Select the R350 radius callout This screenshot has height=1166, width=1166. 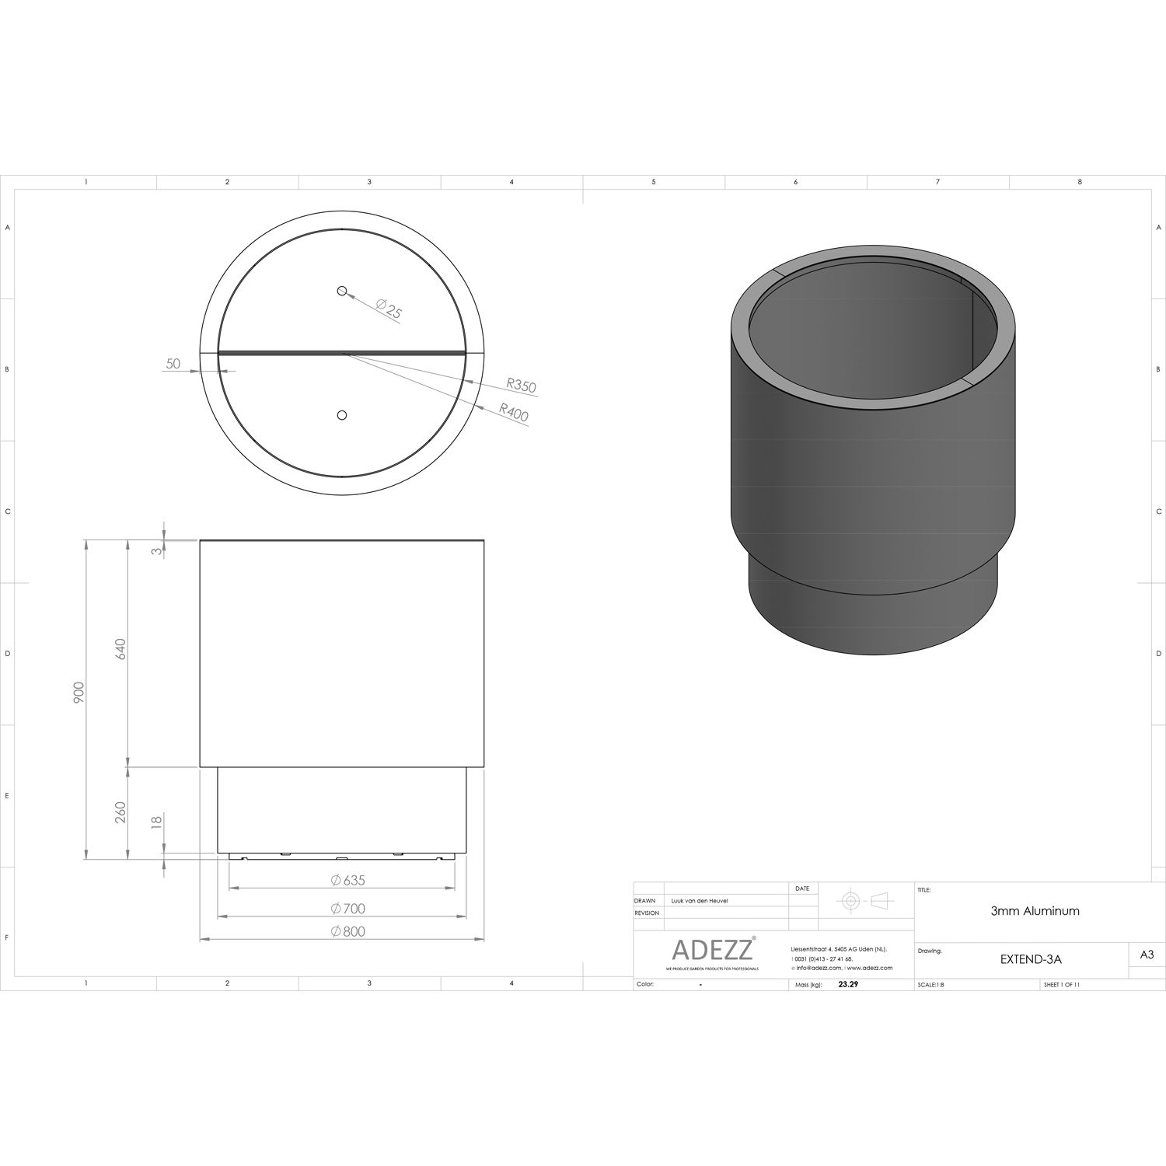pyautogui.click(x=520, y=385)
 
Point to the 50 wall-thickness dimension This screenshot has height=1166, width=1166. pyautogui.click(x=173, y=364)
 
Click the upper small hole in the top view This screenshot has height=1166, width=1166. pyautogui.click(x=341, y=291)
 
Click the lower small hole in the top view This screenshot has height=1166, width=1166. pyautogui.click(x=341, y=415)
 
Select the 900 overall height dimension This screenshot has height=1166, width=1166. pyautogui.click(x=79, y=693)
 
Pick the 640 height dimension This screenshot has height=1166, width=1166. pyautogui.click(x=120, y=649)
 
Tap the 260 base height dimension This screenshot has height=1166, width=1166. pyautogui.click(x=120, y=813)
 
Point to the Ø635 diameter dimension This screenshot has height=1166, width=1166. pyautogui.click(x=347, y=881)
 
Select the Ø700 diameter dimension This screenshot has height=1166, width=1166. pyautogui.click(x=347, y=908)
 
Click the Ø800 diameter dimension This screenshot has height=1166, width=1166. pyautogui.click(x=347, y=931)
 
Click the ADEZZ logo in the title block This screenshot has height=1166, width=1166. pyautogui.click(x=712, y=949)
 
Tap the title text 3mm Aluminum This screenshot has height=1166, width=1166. pyautogui.click(x=1034, y=911)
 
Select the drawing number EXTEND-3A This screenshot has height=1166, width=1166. pyautogui.click(x=1030, y=959)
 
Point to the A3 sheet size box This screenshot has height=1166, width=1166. pyautogui.click(x=1147, y=955)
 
